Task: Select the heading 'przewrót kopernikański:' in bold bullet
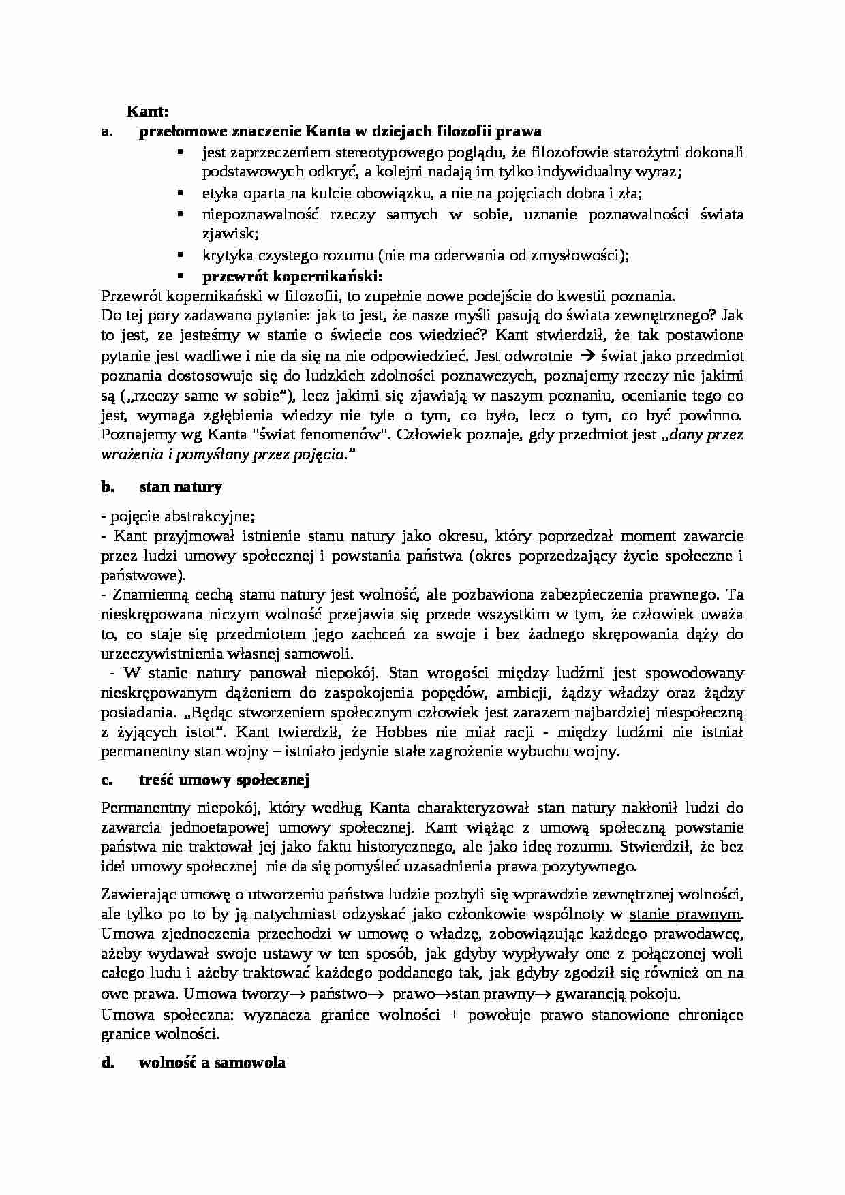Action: click(292, 276)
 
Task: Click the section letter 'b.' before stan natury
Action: click(107, 487)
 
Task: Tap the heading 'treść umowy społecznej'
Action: click(224, 780)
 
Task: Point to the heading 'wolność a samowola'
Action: click(212, 1062)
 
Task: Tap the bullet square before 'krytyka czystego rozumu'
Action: click(181, 255)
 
